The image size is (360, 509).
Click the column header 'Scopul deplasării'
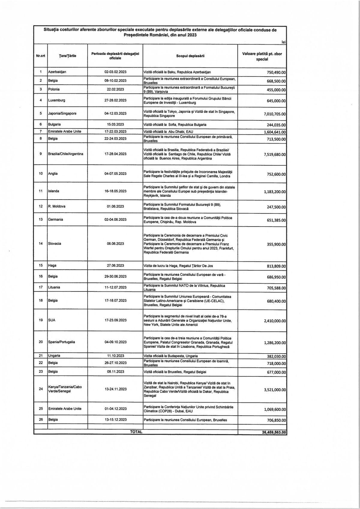pyautogui.click(x=190, y=56)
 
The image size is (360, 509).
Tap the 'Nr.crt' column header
pyautogui.click(x=40, y=56)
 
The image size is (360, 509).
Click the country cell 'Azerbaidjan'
pyautogui.click(x=57, y=72)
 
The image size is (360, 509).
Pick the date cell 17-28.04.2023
pyautogui.click(x=115, y=154)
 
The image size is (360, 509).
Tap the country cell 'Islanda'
pyautogui.click(x=54, y=191)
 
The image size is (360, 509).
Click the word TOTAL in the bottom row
pyautogui.click(x=136, y=432)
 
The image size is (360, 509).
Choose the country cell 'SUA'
pyautogui.click(x=52, y=320)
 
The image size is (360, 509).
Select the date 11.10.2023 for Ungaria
pyautogui.click(x=115, y=356)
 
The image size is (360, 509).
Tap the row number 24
pyautogui.click(x=41, y=389)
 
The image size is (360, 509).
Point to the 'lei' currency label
pyautogui.click(x=283, y=42)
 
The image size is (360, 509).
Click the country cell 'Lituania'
pyautogui.click(x=54, y=287)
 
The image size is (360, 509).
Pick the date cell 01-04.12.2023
pyautogui.click(x=115, y=408)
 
